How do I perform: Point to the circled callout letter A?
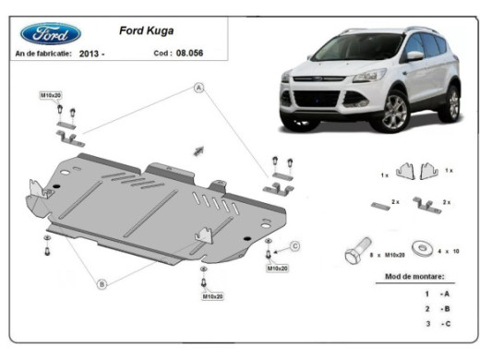point(198,88)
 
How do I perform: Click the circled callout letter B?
point(102,282)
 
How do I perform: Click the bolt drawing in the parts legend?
point(355,249)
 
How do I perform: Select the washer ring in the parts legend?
point(422,248)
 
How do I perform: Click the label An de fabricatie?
point(42,55)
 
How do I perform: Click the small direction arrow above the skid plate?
point(198,149)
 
